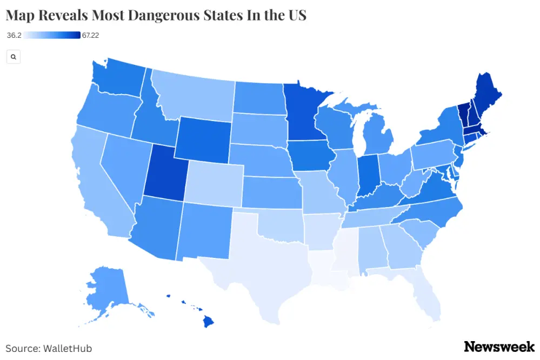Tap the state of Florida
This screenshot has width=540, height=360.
[424, 295]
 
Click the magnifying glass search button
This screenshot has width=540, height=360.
[13, 57]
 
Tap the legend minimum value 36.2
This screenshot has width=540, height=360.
[14, 36]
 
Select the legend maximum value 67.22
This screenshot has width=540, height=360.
[91, 36]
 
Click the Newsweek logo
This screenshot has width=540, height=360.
[499, 346]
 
